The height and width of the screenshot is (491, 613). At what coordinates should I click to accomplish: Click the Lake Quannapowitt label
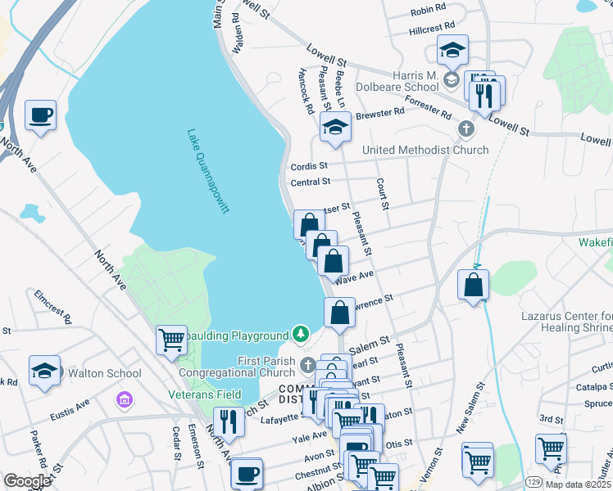207,171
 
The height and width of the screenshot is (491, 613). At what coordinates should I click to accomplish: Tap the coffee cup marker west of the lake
40,115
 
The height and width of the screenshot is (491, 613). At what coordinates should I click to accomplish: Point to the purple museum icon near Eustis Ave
124,400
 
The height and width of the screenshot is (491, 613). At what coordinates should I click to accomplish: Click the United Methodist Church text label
425,150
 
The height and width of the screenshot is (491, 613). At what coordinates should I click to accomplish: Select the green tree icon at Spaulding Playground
301,335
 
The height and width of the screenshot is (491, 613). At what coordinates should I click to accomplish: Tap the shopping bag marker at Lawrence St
339,313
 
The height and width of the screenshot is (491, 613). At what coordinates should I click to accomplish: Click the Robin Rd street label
428,9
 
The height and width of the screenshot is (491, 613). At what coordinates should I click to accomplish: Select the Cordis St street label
309,166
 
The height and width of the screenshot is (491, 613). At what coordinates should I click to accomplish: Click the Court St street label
381,193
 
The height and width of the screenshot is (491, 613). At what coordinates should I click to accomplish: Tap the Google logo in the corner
27,481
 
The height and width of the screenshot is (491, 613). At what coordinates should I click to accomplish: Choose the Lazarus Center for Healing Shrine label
566,322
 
